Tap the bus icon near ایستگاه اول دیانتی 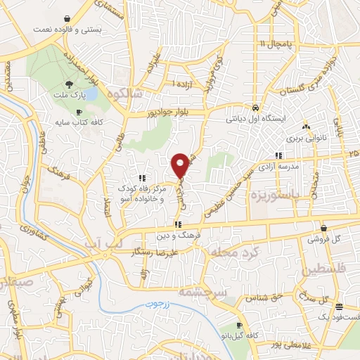point(257,108)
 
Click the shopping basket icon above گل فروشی point(323,228)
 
